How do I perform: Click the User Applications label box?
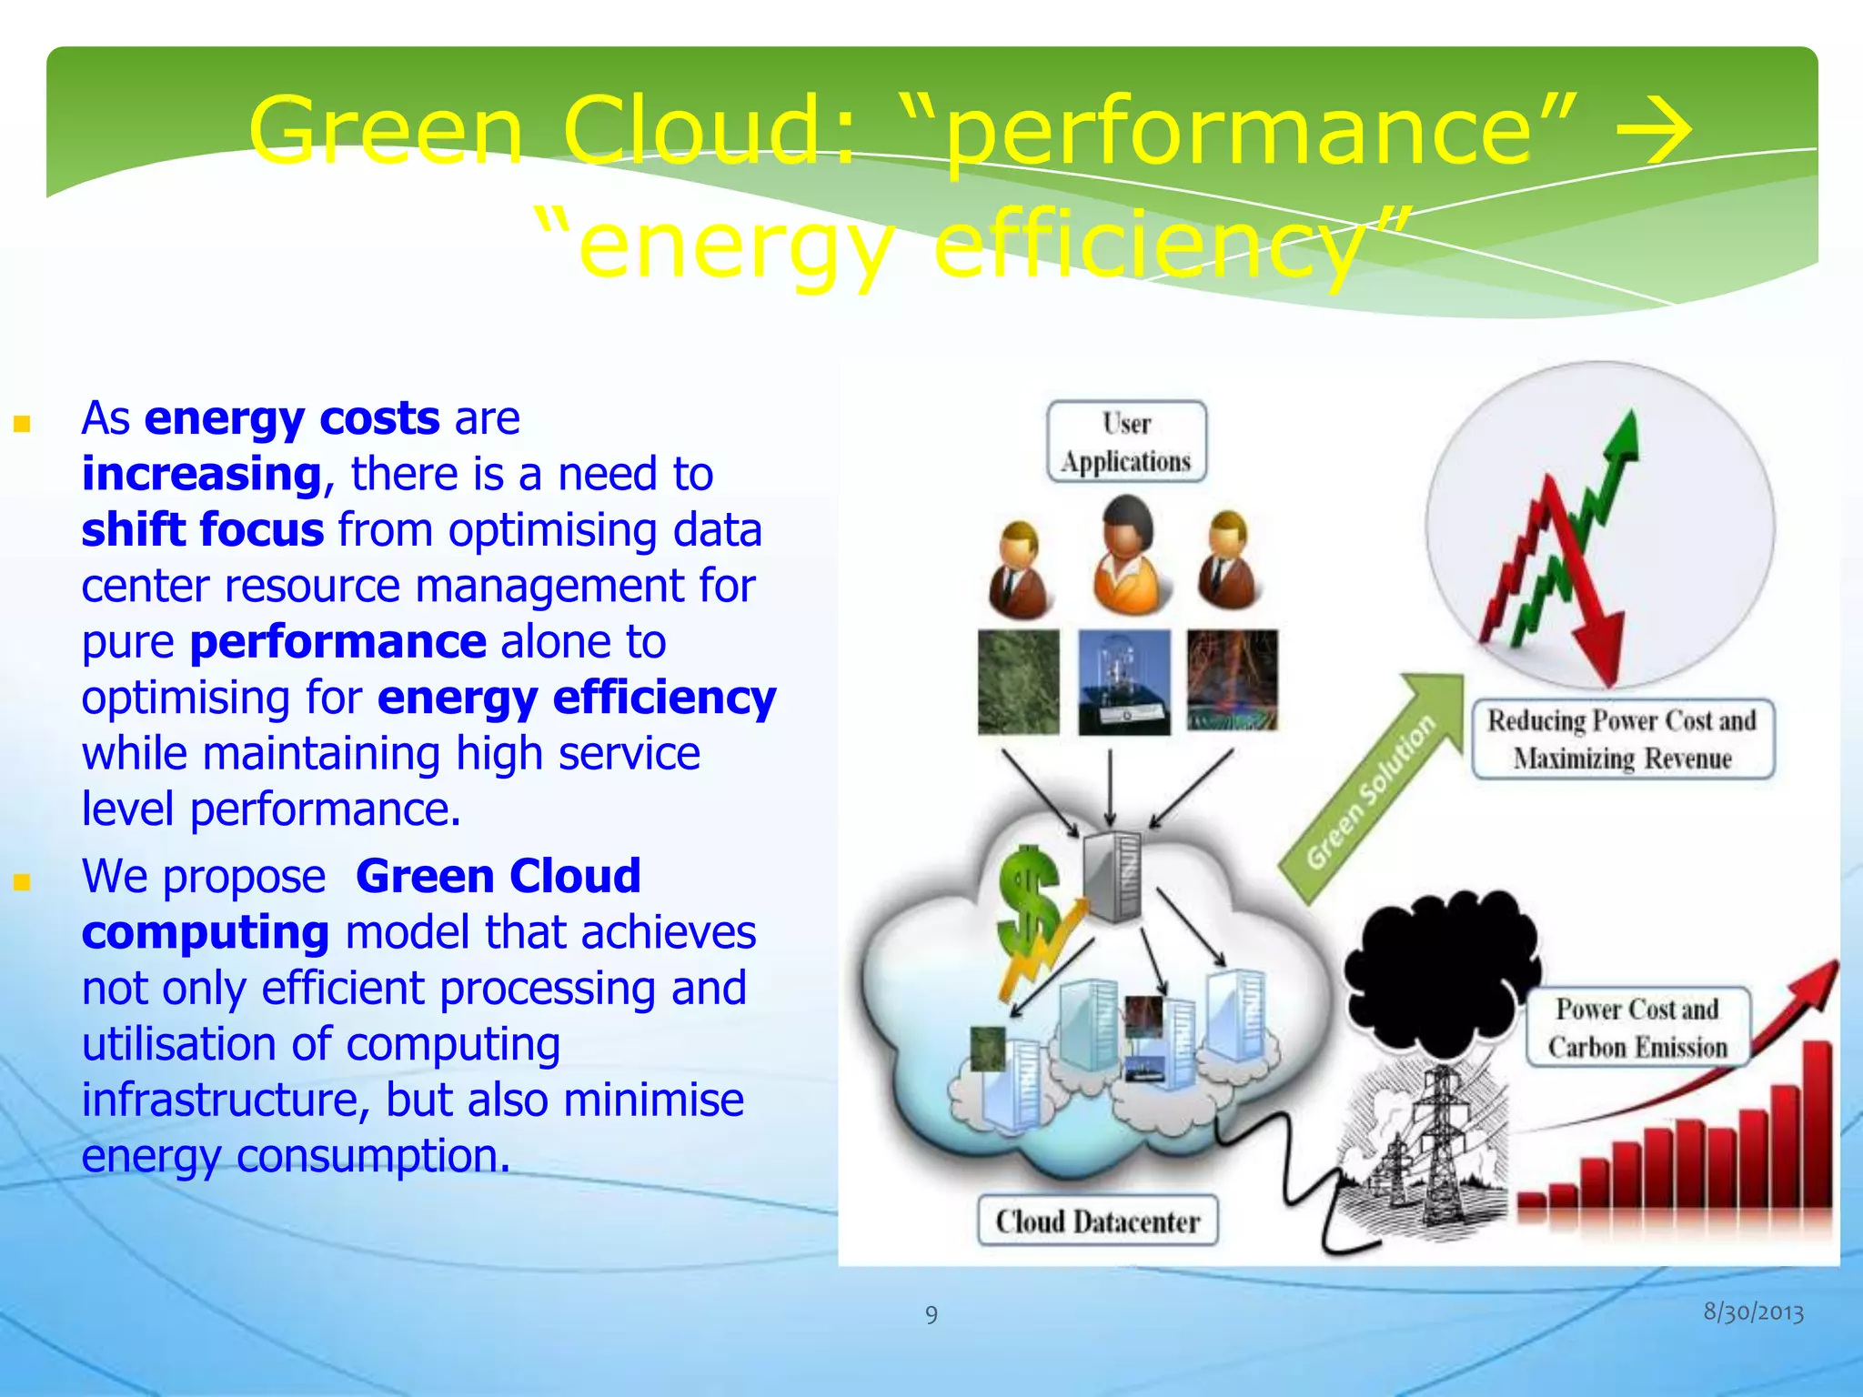(x=1126, y=441)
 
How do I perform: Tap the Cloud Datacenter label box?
(x=1097, y=1221)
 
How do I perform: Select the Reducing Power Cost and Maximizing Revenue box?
(x=1623, y=739)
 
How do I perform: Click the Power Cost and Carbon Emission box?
(x=1637, y=1028)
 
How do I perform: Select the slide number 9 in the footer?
(x=931, y=1314)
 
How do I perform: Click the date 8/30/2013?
(x=1753, y=1312)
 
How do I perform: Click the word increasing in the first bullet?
(x=201, y=474)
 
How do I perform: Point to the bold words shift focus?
(x=202, y=529)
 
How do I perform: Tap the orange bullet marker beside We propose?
(x=23, y=881)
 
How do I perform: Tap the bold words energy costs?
(x=291, y=418)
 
